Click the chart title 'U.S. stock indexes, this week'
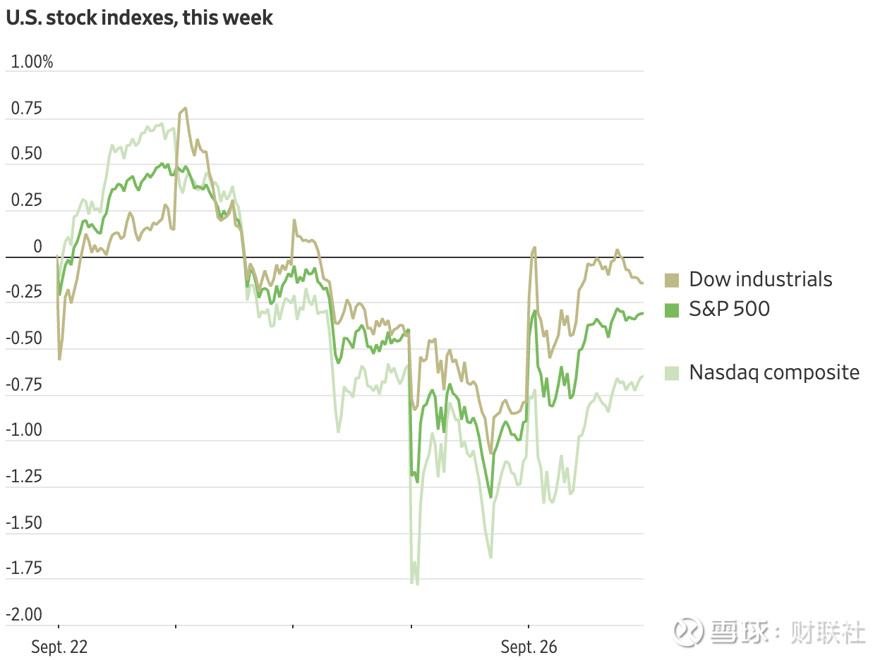coord(139,18)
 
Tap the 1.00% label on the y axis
coord(30,62)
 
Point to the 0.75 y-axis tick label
coord(26,109)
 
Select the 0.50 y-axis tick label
coord(26,154)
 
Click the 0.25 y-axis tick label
coord(26,201)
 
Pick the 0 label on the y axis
coord(38,247)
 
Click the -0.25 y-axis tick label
coord(24,293)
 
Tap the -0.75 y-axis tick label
coord(24,385)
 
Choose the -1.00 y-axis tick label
coord(24,431)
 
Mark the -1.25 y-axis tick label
coord(24,477)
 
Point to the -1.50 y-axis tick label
coord(24,523)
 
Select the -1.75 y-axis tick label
coord(24,569)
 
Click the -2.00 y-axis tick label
coord(24,615)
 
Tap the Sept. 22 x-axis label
coord(60,647)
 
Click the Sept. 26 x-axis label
coord(529,647)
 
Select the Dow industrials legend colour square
coord(672,280)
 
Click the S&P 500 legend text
coord(729,309)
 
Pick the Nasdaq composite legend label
coord(774,372)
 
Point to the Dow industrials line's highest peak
coord(185,109)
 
